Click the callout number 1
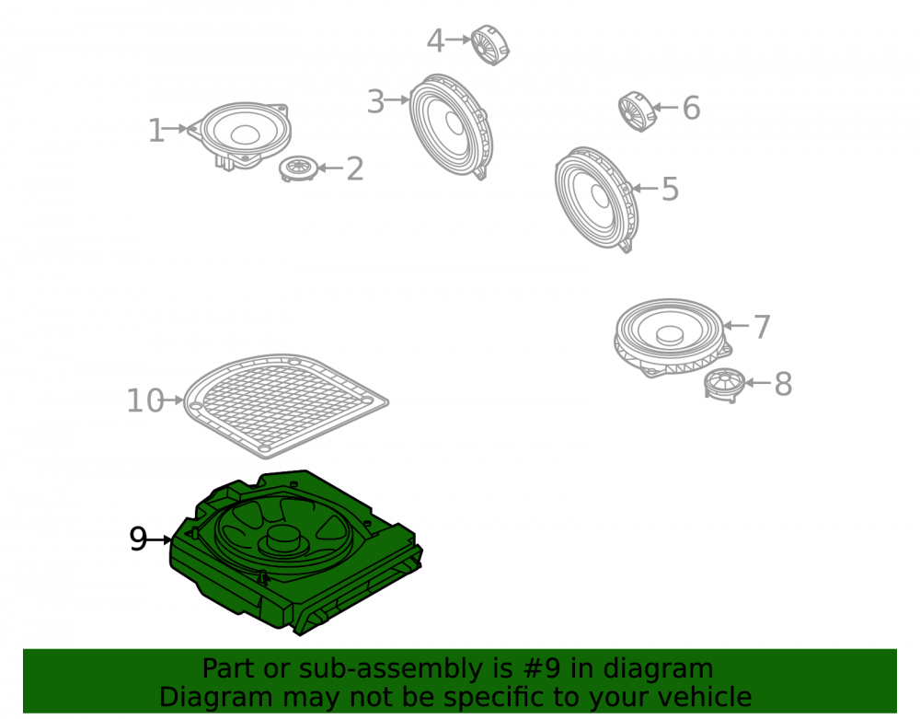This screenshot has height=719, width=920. pyautogui.click(x=156, y=131)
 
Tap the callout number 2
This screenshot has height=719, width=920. pyautogui.click(x=355, y=169)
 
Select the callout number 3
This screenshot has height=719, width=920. pyautogui.click(x=375, y=101)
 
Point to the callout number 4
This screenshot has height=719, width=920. pyautogui.click(x=435, y=41)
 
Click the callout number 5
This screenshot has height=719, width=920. pyautogui.click(x=670, y=189)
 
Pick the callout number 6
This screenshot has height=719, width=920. pyautogui.click(x=692, y=108)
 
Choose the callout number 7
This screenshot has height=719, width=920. pyautogui.click(x=762, y=327)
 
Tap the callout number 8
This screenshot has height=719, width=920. pyautogui.click(x=783, y=385)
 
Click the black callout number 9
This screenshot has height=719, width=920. pyautogui.click(x=139, y=539)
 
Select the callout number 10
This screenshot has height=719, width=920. pyautogui.click(x=145, y=401)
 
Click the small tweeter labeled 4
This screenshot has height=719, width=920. pyautogui.click(x=490, y=44)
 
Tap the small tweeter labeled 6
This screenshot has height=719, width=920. pyautogui.click(x=638, y=111)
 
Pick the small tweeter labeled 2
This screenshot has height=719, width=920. pyautogui.click(x=299, y=169)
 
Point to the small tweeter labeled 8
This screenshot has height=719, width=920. pyautogui.click(x=725, y=385)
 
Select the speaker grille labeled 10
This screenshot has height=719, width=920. pyautogui.click(x=286, y=406)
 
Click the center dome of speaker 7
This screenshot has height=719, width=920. pyautogui.click(x=670, y=334)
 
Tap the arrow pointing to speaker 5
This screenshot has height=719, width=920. pyautogui.click(x=646, y=189)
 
